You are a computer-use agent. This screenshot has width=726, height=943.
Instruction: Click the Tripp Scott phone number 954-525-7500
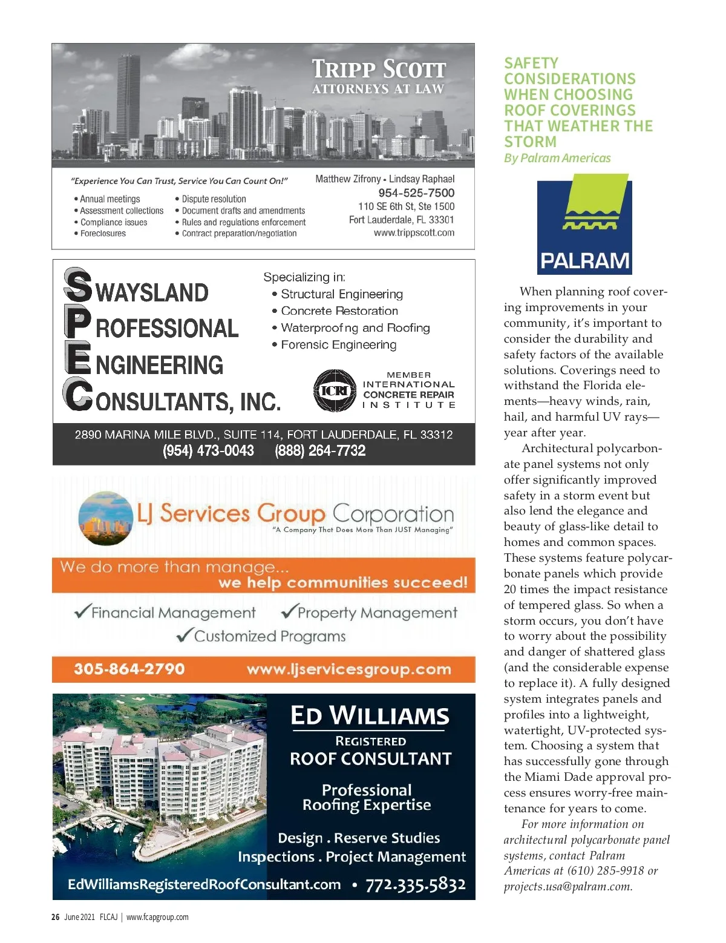[416, 193]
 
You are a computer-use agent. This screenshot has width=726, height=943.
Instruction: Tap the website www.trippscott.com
[414, 233]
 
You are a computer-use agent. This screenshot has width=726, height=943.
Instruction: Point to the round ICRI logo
[335, 390]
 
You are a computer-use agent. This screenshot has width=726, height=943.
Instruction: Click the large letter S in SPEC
[78, 286]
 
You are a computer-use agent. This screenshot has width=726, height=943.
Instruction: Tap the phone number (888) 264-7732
[320, 451]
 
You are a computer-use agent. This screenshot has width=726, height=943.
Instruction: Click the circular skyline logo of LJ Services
[105, 514]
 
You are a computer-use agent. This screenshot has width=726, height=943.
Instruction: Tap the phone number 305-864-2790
[129, 669]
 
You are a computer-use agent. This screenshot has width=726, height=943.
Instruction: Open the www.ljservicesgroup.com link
[348, 669]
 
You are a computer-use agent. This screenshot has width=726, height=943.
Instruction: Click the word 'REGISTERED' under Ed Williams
[371, 741]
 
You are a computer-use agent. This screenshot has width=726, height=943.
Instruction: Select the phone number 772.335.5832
[416, 885]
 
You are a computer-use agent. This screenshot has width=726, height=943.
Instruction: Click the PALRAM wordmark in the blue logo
[584, 261]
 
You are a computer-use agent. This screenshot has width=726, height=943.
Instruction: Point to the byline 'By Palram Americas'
[557, 159]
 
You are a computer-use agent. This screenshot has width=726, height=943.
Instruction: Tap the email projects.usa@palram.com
[567, 887]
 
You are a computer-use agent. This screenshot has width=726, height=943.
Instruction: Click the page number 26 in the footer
[55, 917]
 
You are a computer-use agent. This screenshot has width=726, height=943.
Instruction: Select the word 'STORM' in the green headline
[530, 142]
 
